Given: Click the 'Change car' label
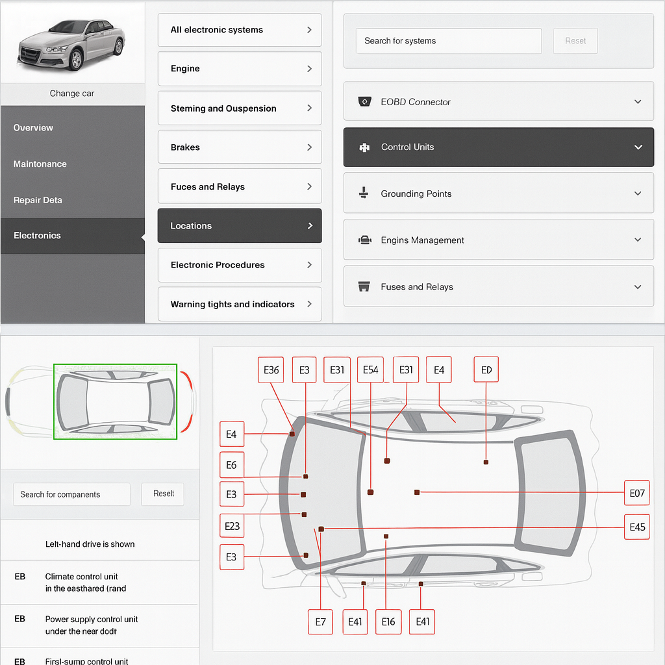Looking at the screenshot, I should click(72, 94).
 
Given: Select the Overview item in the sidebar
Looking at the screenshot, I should click(34, 128).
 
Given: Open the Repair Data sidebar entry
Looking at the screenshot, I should click(38, 200).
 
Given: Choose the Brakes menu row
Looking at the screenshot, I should click(239, 147).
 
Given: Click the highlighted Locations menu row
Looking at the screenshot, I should click(239, 226).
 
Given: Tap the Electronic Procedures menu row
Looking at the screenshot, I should click(239, 265).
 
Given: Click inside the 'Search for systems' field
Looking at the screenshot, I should click(448, 41).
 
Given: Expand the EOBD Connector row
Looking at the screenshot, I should click(498, 102).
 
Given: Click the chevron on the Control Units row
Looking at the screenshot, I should click(638, 147).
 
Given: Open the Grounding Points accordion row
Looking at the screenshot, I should click(498, 194).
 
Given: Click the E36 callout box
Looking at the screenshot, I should click(271, 370).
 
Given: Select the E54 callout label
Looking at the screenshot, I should click(370, 370).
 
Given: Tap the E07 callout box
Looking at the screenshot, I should click(636, 493).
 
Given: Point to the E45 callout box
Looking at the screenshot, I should click(636, 527).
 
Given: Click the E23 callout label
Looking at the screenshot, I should click(232, 526).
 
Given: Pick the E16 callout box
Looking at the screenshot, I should click(388, 621).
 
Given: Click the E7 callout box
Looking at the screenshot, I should click(320, 621).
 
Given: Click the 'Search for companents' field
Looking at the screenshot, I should click(71, 494).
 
